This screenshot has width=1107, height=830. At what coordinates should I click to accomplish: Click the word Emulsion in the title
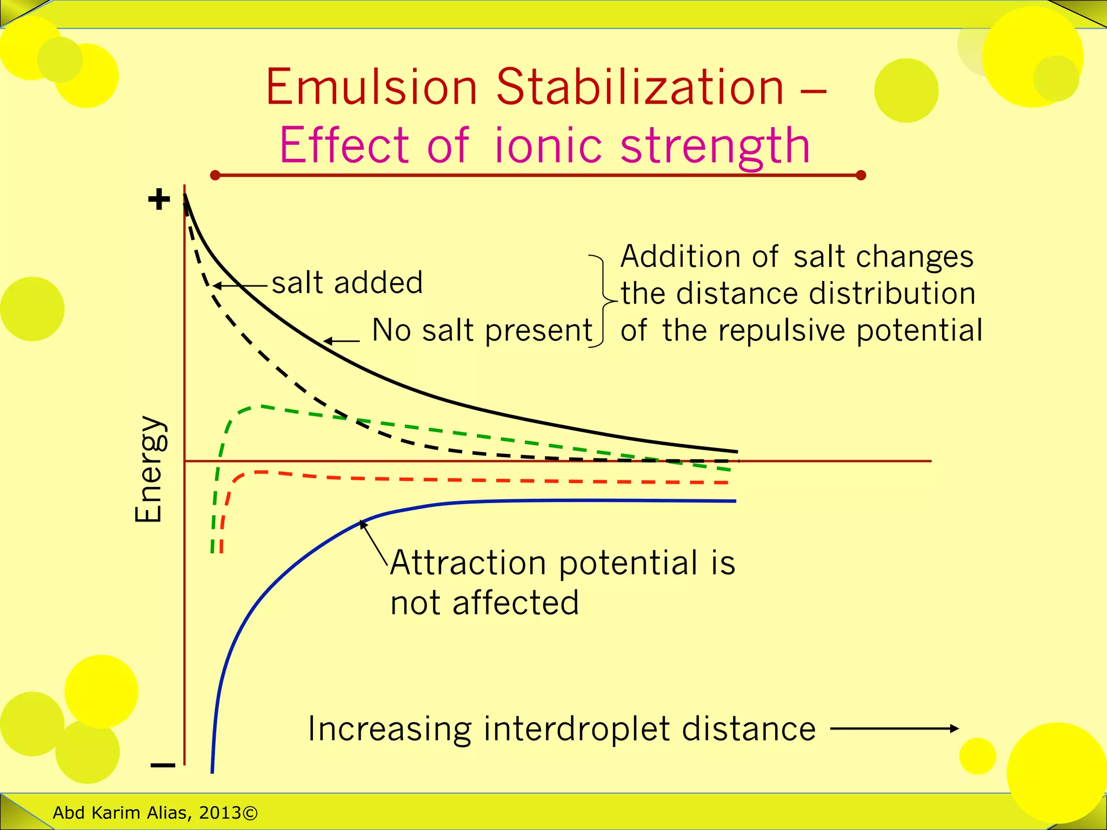371,88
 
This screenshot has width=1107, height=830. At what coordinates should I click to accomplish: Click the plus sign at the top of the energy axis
159,200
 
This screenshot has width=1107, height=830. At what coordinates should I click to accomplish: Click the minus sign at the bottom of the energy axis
163,765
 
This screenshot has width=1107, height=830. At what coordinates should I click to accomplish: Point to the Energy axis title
149,469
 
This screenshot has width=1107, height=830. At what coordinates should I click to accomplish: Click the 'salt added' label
347,283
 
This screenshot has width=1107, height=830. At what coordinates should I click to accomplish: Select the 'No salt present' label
482,330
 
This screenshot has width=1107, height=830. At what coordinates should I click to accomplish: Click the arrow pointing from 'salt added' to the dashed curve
241,285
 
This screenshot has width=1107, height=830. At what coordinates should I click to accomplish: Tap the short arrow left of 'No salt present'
342,341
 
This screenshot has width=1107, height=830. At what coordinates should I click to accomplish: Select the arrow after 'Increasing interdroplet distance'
894,728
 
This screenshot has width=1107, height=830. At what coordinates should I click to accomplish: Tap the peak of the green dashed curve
260,406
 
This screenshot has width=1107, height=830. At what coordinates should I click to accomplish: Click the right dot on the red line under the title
862,175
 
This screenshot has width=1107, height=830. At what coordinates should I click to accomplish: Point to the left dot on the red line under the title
215,175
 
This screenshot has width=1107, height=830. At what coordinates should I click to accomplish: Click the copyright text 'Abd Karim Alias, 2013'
155,812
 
